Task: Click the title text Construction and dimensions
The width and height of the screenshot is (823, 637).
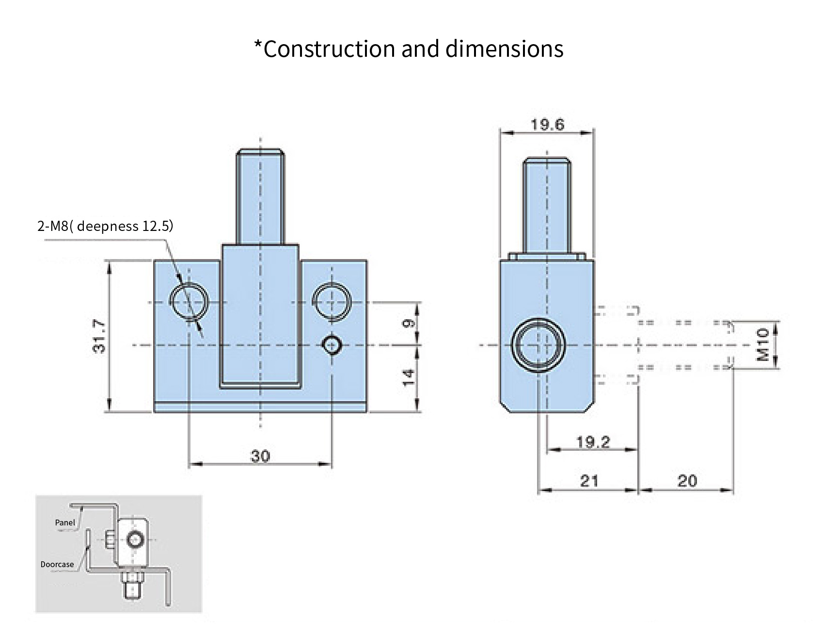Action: click(x=409, y=49)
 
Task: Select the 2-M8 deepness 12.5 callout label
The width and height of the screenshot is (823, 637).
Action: click(x=105, y=226)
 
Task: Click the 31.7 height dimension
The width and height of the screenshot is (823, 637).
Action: click(x=99, y=336)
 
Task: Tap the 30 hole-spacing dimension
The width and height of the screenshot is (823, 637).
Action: click(x=260, y=456)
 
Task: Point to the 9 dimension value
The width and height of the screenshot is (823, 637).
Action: click(x=409, y=323)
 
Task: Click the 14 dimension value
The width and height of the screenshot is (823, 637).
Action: click(x=409, y=377)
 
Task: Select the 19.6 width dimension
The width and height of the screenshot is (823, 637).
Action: click(x=547, y=125)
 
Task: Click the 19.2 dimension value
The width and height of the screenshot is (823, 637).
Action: click(x=593, y=442)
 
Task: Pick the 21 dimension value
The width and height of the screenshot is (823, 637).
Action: click(x=589, y=481)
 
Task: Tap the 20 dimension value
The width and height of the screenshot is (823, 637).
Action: click(x=687, y=481)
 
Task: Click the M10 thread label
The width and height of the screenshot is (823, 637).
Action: click(x=763, y=344)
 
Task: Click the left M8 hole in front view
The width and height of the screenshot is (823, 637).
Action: click(x=190, y=301)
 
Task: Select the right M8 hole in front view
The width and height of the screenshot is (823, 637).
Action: click(x=332, y=301)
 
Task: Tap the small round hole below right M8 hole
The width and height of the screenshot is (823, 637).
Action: click(x=332, y=344)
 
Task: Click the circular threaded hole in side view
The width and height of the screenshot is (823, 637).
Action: click(x=538, y=345)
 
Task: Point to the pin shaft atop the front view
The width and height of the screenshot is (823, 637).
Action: click(x=260, y=196)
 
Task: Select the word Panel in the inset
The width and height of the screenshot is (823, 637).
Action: click(x=65, y=523)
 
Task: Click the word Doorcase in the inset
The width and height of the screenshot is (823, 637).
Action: click(x=57, y=564)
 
